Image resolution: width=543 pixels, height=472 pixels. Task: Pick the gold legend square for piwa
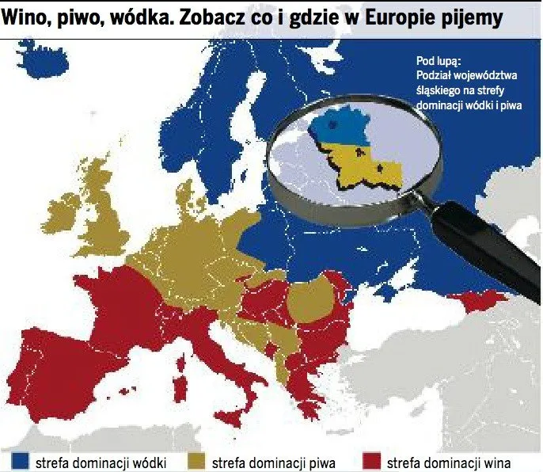196,462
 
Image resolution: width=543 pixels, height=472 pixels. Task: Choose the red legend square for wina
368,462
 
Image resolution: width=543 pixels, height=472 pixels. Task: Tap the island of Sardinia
180,388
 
